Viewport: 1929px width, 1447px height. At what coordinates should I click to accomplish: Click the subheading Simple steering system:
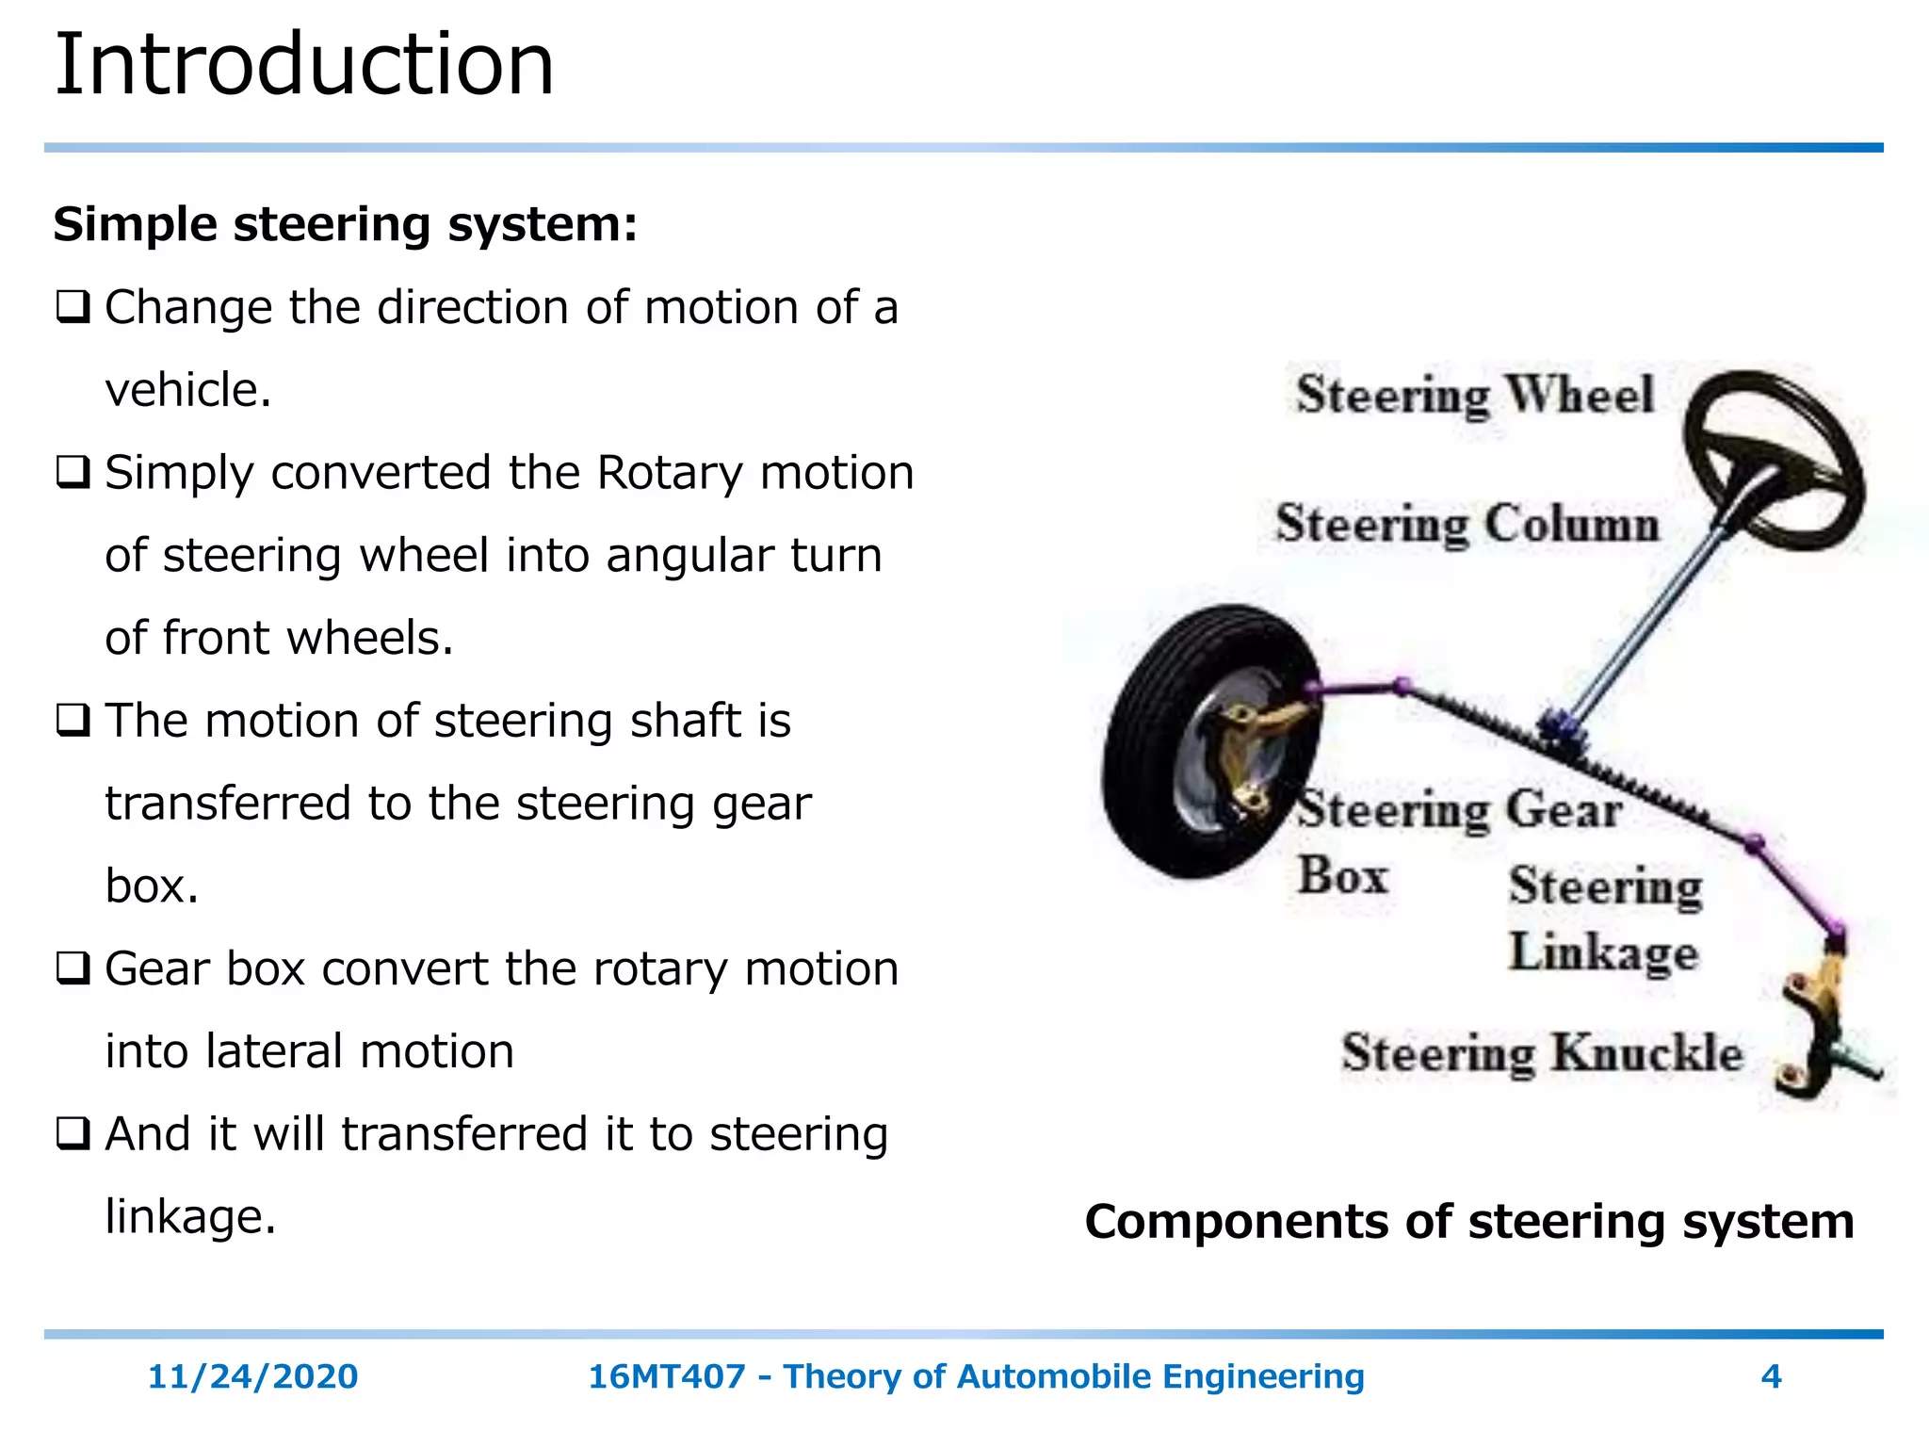[x=345, y=224]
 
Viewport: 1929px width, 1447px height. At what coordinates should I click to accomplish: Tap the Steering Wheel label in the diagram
[x=1474, y=395]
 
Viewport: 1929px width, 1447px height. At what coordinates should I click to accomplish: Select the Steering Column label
[x=1467, y=524]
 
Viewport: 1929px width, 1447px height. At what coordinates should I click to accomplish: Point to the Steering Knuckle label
[x=1542, y=1053]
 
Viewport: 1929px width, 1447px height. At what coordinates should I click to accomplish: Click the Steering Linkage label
[x=1605, y=919]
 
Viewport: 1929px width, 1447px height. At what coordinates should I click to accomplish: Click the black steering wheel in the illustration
[x=1773, y=460]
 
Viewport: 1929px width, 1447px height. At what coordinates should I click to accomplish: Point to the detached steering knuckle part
[x=1822, y=1027]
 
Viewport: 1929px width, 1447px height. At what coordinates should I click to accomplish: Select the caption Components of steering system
[x=1469, y=1222]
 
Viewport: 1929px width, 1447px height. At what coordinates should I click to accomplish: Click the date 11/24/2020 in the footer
[x=252, y=1377]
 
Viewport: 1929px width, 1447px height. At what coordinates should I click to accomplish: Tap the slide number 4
[x=1771, y=1377]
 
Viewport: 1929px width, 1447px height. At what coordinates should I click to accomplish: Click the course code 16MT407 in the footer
[x=666, y=1377]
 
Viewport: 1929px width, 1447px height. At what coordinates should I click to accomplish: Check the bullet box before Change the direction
[x=73, y=307]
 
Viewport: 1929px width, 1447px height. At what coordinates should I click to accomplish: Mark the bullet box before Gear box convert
[x=73, y=968]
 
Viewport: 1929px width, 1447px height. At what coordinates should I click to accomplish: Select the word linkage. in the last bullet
[x=190, y=1216]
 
